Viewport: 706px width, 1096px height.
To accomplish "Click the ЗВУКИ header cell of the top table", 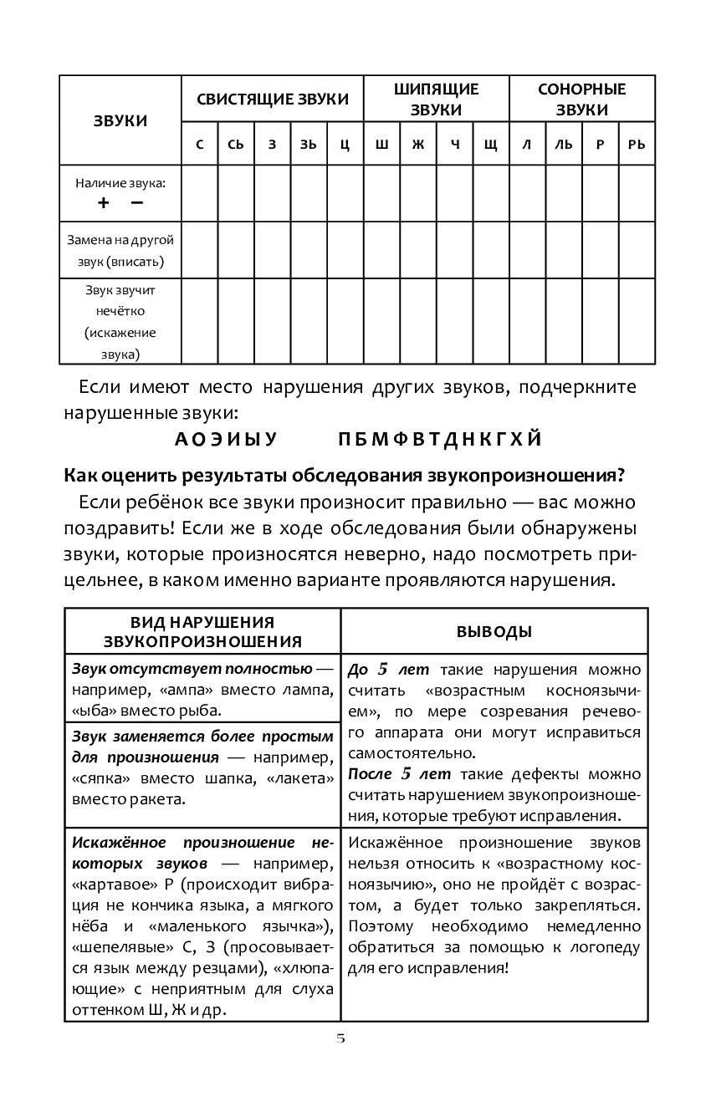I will coord(120,120).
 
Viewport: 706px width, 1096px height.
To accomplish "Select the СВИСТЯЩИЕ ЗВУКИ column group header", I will coord(273,99).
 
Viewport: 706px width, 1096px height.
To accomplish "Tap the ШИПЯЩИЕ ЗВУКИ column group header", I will coord(436,99).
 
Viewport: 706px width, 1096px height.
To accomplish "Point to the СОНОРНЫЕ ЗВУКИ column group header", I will coord(581,99).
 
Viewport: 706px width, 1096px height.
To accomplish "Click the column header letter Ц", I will coord(345,144).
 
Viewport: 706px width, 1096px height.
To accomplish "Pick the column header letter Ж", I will coord(417,144).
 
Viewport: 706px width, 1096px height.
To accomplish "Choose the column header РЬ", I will coord(637,144).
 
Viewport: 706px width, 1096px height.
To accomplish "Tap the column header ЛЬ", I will coord(563,144).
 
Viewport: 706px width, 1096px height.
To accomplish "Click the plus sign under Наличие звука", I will coord(104,202).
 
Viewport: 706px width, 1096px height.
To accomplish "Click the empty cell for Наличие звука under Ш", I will coord(381,193).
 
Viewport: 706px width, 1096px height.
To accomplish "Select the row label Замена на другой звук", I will coord(120,250).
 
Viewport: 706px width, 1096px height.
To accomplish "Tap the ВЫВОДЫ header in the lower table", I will coord(494,631).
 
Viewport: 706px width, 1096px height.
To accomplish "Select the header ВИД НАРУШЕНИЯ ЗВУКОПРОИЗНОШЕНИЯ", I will coord(202,631).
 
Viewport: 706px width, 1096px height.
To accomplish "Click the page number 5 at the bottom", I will coord(340,1039).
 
